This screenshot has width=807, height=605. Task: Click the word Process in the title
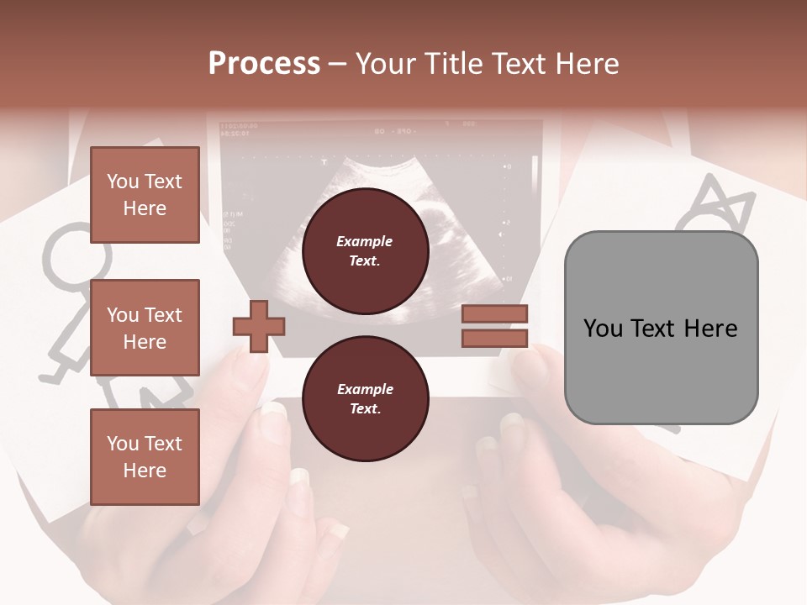point(264,64)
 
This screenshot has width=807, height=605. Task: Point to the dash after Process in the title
point(338,65)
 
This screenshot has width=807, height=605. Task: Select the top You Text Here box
point(145,195)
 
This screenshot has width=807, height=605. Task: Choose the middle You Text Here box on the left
point(145,328)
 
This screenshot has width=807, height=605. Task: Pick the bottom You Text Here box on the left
point(145,457)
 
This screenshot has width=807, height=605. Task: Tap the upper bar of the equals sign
point(495,313)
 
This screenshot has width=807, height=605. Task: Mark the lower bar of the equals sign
point(495,339)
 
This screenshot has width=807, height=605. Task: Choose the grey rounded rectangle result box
point(661,328)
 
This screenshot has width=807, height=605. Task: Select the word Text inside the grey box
point(657,329)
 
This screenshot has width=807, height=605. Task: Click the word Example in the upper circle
point(365,241)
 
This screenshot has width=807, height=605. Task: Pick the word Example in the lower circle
point(365,389)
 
